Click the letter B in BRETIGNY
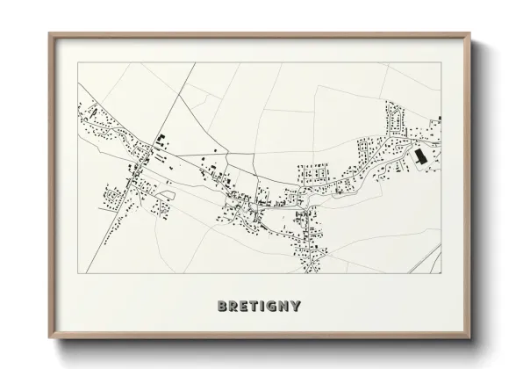(221, 307)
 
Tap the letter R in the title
(233, 307)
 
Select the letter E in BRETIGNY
(244, 307)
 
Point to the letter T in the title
(254, 307)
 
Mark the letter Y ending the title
(297, 307)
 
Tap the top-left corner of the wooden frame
(49, 33)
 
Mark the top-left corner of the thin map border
(78, 62)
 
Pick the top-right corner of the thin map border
(441, 62)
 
